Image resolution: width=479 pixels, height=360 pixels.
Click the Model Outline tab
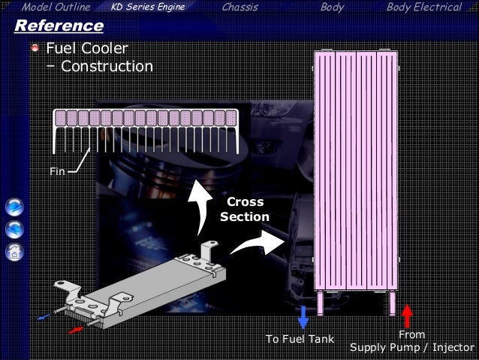coord(56,8)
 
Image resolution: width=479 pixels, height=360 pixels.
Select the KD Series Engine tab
coord(147,8)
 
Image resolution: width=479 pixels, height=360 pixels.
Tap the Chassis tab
coord(239,8)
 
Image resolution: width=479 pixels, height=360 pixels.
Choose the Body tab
coord(332,8)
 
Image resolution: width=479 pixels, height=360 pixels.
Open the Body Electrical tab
coord(423,8)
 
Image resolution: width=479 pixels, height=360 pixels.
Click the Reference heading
coord(59,26)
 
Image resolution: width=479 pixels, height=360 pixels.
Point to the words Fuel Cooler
coord(87,49)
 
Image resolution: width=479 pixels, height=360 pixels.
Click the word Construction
coord(107,66)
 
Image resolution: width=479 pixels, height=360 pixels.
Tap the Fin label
coord(57,171)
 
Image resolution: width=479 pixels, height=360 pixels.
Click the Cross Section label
coord(244,210)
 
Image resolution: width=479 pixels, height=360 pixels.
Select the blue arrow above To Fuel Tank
coord(303,317)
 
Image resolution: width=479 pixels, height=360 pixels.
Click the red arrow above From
coord(408,316)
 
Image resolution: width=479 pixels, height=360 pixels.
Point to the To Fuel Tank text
coord(300,340)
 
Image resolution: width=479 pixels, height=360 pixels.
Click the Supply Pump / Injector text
coord(411,348)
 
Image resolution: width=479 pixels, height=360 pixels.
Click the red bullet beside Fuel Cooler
coord(35,49)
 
